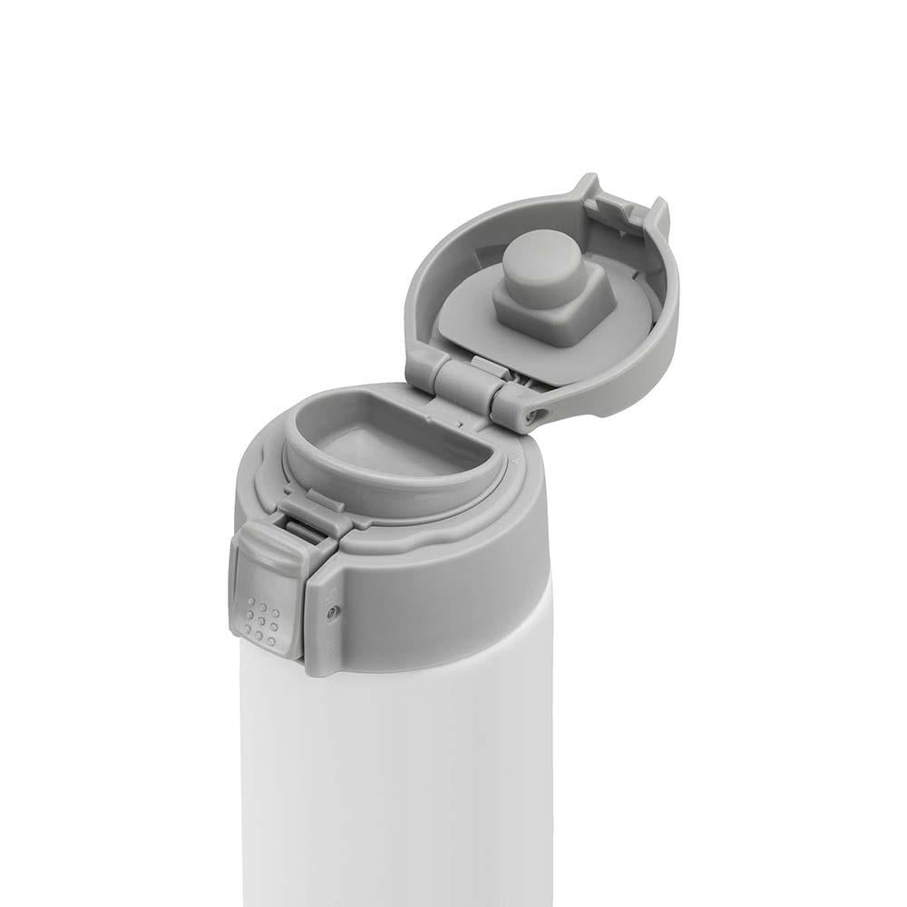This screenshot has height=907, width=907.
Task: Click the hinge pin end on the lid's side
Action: click(533, 413)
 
